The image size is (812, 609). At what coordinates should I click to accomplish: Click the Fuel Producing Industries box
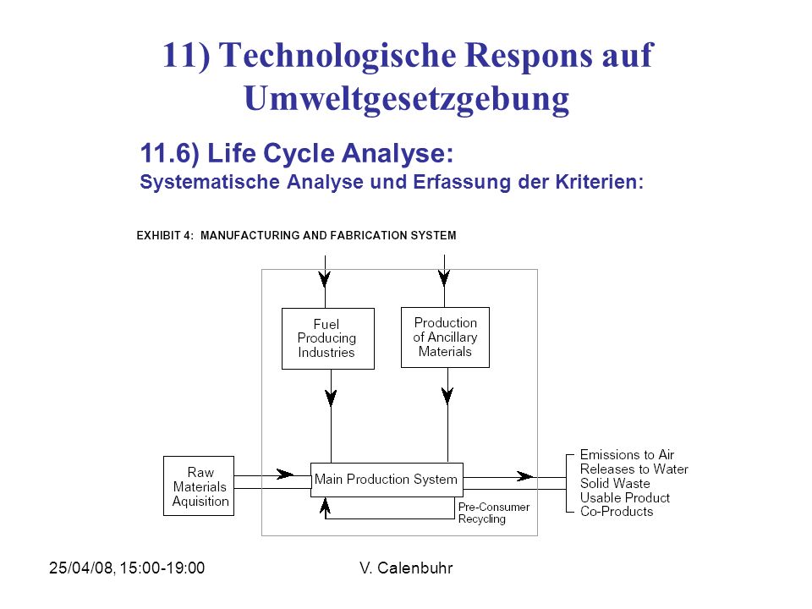(328, 338)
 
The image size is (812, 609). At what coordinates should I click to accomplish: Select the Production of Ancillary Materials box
(446, 337)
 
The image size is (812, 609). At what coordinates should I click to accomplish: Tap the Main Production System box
(387, 480)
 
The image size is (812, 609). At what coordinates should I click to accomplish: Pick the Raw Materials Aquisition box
(199, 486)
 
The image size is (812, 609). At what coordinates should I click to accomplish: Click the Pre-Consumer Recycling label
(494, 513)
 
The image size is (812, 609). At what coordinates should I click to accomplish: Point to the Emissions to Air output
(627, 455)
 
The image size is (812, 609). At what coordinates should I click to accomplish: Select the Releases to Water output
(634, 469)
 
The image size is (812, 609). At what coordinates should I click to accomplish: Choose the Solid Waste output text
(615, 483)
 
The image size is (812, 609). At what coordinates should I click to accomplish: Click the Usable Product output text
(624, 497)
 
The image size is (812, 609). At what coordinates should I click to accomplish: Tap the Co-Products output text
(617, 512)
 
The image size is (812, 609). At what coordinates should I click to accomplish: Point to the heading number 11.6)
(170, 154)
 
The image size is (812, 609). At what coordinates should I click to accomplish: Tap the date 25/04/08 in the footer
(81, 568)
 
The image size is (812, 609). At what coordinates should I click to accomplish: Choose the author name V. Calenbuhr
(406, 568)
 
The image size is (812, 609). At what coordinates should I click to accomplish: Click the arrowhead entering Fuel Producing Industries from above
(325, 278)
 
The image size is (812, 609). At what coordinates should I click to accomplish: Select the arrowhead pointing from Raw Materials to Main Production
(285, 474)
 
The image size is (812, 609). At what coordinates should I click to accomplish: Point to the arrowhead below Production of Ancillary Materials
(447, 396)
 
